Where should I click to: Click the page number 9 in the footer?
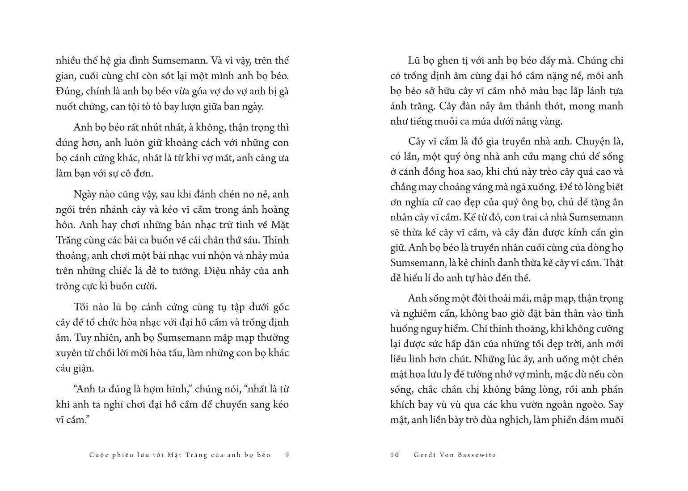point(287,455)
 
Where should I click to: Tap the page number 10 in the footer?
point(394,455)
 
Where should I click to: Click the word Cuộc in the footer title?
point(99,455)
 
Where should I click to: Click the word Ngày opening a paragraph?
point(85,194)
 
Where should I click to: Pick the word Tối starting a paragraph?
point(81,307)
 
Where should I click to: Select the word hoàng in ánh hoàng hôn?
point(272,210)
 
